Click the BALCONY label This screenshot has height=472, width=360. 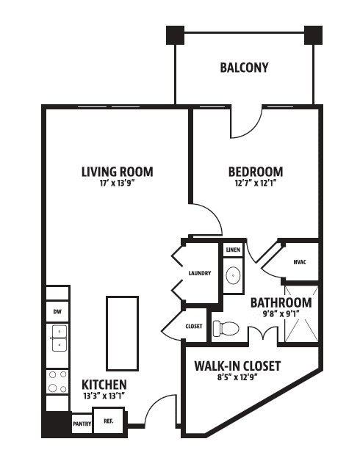tap(244, 68)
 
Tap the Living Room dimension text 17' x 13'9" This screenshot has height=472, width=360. tap(117, 183)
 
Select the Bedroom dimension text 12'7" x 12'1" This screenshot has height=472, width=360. tap(256, 183)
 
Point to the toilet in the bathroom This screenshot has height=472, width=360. tap(226, 328)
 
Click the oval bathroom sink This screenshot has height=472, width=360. tap(233, 275)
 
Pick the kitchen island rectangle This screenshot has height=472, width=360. tap(122, 333)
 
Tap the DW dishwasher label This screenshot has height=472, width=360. tap(57, 312)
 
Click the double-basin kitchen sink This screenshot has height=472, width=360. tap(60, 338)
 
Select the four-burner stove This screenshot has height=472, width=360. tap(57, 382)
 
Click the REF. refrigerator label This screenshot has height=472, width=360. tap(109, 421)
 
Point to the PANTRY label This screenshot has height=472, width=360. tap(82, 424)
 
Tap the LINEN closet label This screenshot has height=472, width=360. tap(233, 250)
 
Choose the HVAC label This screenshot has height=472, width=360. tap(300, 262)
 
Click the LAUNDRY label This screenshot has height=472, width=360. tap(200, 273)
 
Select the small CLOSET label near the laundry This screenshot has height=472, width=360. tap(194, 327)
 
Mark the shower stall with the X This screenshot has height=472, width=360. tap(301, 314)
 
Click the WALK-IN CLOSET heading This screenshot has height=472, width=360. tap(237, 366)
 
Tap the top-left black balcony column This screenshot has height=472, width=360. tap(175, 35)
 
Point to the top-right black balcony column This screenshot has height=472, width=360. tap(313, 35)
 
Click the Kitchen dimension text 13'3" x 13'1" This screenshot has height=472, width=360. tap(104, 396)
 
